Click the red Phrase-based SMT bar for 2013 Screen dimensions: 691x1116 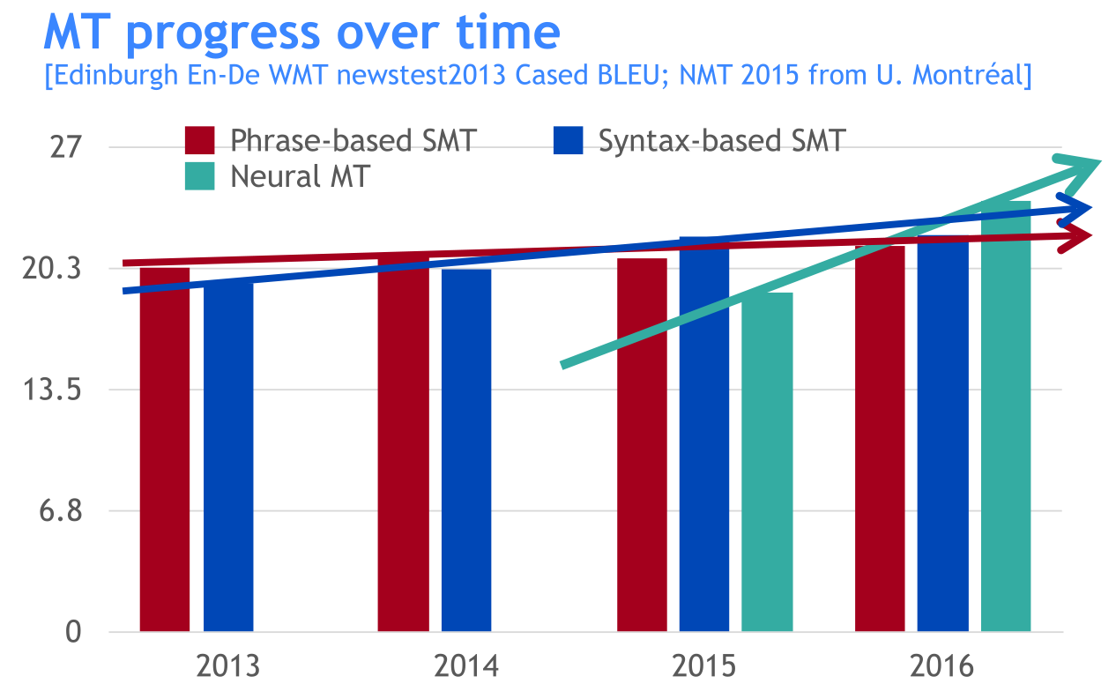(165, 450)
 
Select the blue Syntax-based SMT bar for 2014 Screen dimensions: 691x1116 (466, 450)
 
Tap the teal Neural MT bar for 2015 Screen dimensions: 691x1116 (767, 462)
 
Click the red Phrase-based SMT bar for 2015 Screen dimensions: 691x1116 (642, 445)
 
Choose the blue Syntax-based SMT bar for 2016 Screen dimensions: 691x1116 (942, 436)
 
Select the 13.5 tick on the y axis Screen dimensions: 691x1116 (54, 390)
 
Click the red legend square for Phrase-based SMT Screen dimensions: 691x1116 (200, 140)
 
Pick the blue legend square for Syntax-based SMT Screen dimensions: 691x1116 (569, 140)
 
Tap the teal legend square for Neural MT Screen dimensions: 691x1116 (200, 175)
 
